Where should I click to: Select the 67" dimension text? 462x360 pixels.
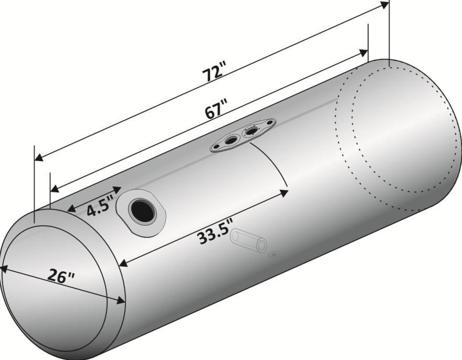(216, 110)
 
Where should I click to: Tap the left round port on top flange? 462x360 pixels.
(230, 140)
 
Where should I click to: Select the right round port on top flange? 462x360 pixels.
(251, 130)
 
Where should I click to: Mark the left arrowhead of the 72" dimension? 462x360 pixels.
(39, 158)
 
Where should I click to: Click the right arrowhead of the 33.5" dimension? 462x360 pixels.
(283, 193)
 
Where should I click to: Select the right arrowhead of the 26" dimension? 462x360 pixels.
(120, 300)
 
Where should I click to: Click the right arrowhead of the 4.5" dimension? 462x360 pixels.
(117, 190)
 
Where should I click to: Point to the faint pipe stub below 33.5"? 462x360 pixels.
(249, 240)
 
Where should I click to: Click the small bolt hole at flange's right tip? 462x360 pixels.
(269, 122)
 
